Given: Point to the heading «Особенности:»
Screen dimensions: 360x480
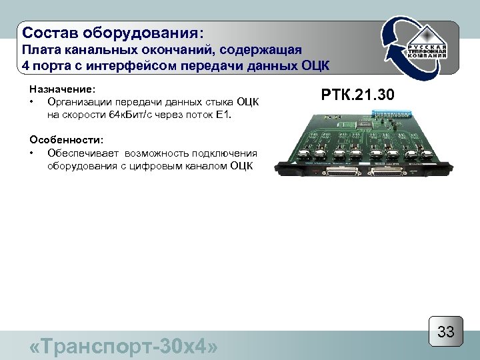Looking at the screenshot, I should [x=66, y=141].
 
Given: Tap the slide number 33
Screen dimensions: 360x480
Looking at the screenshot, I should [x=445, y=332].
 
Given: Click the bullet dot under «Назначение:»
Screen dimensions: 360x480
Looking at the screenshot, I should [x=32, y=101].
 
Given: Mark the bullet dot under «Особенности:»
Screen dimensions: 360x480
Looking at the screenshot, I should [x=32, y=153].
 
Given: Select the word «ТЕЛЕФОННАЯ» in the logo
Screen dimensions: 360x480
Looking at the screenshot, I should [x=427, y=51].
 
